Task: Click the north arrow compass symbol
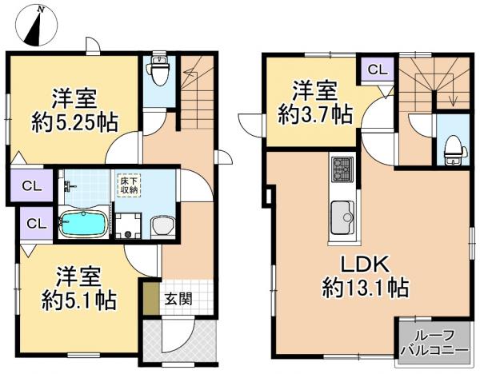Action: (x=38, y=26)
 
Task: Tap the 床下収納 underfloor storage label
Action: (x=129, y=185)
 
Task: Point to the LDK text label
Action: (x=366, y=265)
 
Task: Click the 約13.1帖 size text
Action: (x=366, y=287)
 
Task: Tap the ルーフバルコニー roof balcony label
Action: (x=434, y=343)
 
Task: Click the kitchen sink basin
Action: (x=342, y=217)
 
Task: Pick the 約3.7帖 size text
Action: (x=315, y=114)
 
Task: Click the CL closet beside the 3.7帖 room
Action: (x=377, y=70)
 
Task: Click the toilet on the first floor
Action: (x=159, y=70)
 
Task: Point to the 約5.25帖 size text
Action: (x=74, y=122)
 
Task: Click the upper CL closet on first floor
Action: (x=31, y=185)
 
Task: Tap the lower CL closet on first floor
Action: (x=36, y=223)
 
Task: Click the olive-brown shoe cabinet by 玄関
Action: (x=151, y=298)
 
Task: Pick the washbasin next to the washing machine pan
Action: (x=163, y=227)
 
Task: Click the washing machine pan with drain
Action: (x=128, y=225)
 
